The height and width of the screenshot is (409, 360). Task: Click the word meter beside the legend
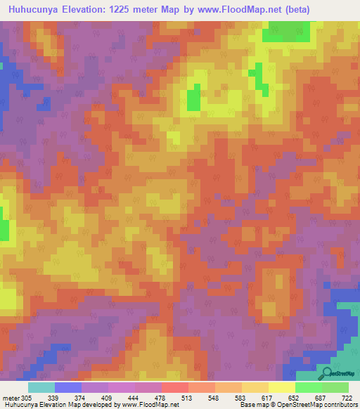point(11,398)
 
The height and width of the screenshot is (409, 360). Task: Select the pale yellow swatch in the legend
point(282,387)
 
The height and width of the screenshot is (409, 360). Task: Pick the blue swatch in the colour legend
point(67,387)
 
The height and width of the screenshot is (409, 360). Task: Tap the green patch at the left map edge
point(4,230)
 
